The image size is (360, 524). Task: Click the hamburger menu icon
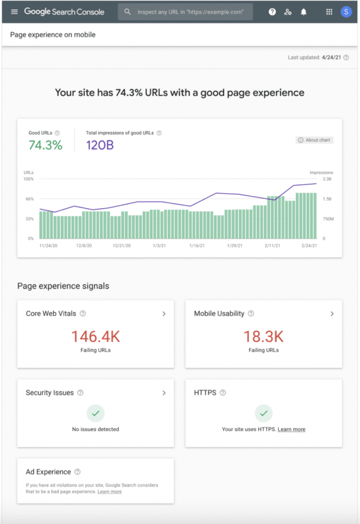click(x=14, y=11)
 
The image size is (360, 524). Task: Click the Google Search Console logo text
click(x=64, y=11)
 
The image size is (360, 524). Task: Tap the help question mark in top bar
click(x=273, y=12)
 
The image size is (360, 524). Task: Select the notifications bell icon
click(x=304, y=12)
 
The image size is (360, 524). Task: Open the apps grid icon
click(x=329, y=12)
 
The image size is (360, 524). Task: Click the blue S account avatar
click(x=346, y=12)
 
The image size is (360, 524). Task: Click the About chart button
click(x=314, y=140)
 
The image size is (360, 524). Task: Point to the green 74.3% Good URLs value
click(x=46, y=145)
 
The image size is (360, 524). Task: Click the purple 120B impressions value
click(x=100, y=145)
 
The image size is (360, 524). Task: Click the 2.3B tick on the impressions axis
click(x=327, y=180)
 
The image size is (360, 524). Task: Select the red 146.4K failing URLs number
click(x=96, y=336)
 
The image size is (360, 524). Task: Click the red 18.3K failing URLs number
click(x=263, y=336)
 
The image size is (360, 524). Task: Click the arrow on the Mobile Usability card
click(x=332, y=314)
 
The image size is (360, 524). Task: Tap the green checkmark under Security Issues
click(x=96, y=412)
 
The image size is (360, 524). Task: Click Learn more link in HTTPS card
click(x=291, y=429)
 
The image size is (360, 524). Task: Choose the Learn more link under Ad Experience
click(x=109, y=491)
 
